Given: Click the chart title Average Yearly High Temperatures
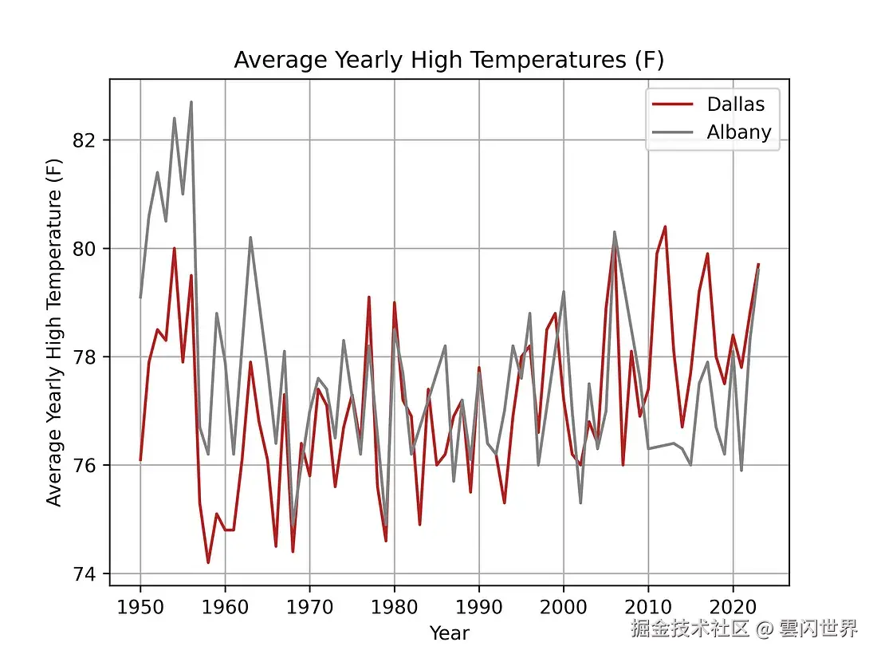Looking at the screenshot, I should tap(449, 61).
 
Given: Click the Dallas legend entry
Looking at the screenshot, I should tap(735, 104).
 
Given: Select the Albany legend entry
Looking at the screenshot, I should tap(739, 132).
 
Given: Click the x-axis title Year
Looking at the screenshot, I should tap(449, 633).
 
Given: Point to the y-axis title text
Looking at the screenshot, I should tap(54, 332).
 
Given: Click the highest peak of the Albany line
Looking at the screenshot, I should tap(191, 102).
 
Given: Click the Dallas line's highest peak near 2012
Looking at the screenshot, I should tap(665, 227).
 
